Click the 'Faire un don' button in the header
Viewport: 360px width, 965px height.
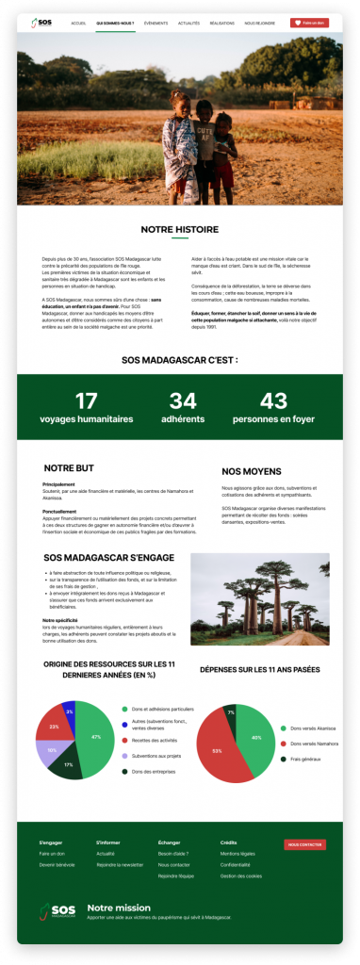tap(309, 22)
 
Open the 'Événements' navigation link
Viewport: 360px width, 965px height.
tap(156, 22)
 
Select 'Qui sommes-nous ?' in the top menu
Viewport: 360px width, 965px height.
tap(115, 22)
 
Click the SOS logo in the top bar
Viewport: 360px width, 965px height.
tap(43, 22)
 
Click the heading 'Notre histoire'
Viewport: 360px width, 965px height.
tap(179, 229)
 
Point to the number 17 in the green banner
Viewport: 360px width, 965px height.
tap(86, 401)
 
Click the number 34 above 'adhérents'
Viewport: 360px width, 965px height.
tap(183, 401)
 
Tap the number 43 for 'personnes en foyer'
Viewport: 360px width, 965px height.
tap(273, 401)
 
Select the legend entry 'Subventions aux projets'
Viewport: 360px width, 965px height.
tap(155, 756)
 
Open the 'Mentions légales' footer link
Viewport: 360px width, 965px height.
tap(237, 853)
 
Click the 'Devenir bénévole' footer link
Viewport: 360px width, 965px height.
tap(57, 863)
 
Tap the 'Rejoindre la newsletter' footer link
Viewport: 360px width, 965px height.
tap(120, 863)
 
